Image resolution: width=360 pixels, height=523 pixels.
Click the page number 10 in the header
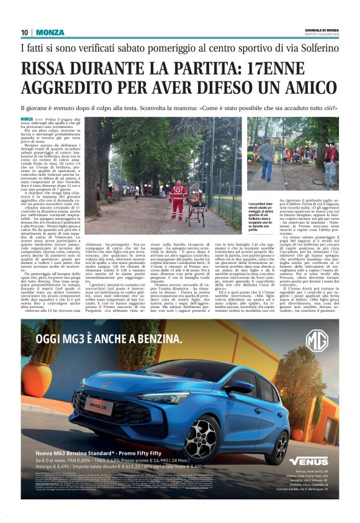24,32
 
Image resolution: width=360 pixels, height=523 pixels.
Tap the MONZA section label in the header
50,32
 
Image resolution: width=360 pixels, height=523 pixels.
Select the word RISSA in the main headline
48,69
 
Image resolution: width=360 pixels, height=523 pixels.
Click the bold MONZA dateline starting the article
27,118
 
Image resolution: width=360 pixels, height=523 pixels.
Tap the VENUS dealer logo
308,460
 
